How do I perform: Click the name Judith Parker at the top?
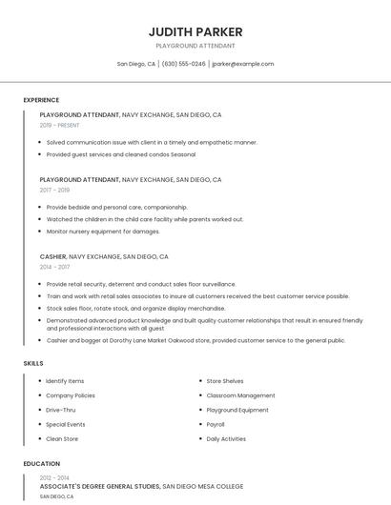click(195, 31)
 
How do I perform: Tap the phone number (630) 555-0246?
click(183, 64)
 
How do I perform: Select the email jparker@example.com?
click(242, 64)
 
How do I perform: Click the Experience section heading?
click(41, 100)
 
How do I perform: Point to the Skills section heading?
click(33, 363)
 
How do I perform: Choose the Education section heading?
click(41, 464)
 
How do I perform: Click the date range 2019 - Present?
click(60, 125)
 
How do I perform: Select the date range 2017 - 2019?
click(54, 190)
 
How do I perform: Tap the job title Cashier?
click(52, 256)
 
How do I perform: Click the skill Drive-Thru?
click(61, 410)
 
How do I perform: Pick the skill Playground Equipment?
click(237, 410)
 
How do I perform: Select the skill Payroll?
click(216, 424)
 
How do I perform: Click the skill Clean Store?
click(62, 438)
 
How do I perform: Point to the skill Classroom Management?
click(240, 395)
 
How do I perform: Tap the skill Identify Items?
click(65, 381)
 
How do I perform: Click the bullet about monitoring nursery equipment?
click(103, 232)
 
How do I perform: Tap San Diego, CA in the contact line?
click(136, 64)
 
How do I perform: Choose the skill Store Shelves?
click(225, 381)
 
